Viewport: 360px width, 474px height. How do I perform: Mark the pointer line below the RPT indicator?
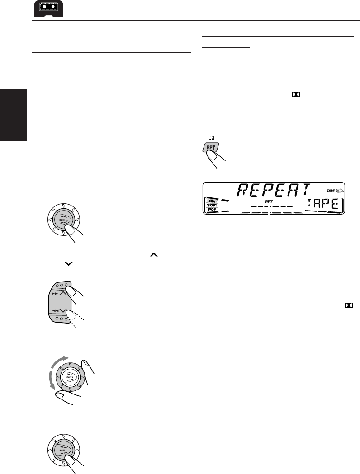(x=269, y=212)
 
